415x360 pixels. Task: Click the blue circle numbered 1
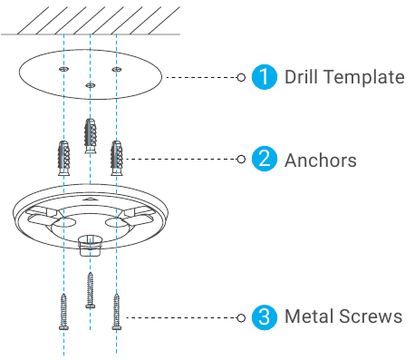(265, 77)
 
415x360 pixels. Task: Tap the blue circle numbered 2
(265, 159)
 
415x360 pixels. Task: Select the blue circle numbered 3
(265, 317)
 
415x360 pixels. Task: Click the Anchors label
(321, 161)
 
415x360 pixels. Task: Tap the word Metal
(310, 316)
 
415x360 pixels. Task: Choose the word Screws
(371, 316)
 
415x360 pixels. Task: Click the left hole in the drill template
(63, 69)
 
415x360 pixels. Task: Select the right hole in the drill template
(117, 70)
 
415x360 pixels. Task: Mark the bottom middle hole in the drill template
(91, 85)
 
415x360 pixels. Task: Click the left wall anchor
(64, 158)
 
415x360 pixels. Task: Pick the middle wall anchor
(91, 136)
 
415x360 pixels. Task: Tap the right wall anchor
(117, 158)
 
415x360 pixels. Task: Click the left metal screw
(63, 312)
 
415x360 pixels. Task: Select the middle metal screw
(91, 290)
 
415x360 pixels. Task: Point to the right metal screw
(117, 312)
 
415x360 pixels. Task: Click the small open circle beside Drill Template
(241, 77)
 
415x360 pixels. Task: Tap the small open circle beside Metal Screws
(241, 318)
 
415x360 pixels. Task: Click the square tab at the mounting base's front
(91, 245)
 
